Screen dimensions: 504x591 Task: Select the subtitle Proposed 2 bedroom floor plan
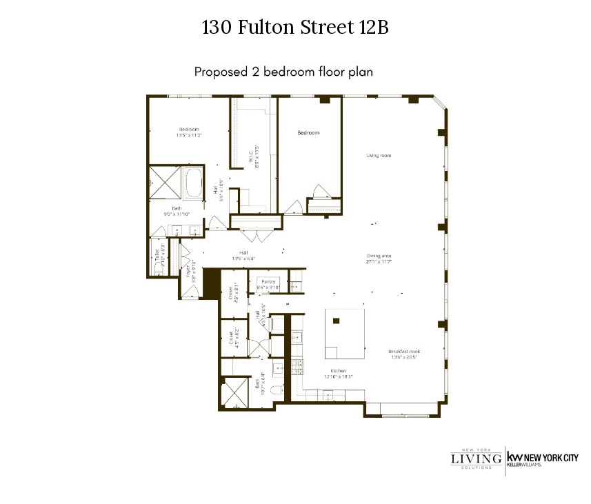pos(283,72)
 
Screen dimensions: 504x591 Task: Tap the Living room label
pos(379,156)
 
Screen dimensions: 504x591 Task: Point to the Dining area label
pos(379,256)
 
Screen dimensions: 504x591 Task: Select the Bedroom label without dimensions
pos(308,132)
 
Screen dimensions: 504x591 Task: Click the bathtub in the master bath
pos(194,184)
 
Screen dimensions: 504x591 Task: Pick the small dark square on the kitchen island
pos(336,321)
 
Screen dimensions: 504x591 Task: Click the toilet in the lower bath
pos(277,391)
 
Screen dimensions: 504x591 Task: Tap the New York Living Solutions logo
pos(477,458)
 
